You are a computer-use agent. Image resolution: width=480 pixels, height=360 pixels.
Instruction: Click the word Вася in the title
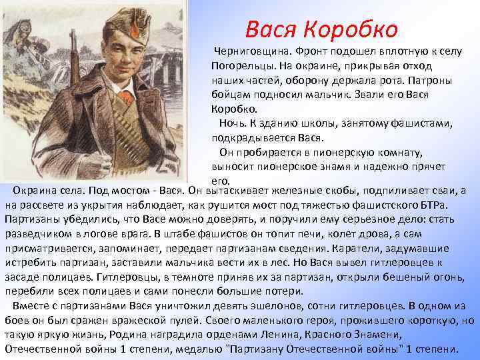click(x=270, y=29)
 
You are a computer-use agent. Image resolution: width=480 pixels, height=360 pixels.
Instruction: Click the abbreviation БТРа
click(x=447, y=204)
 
